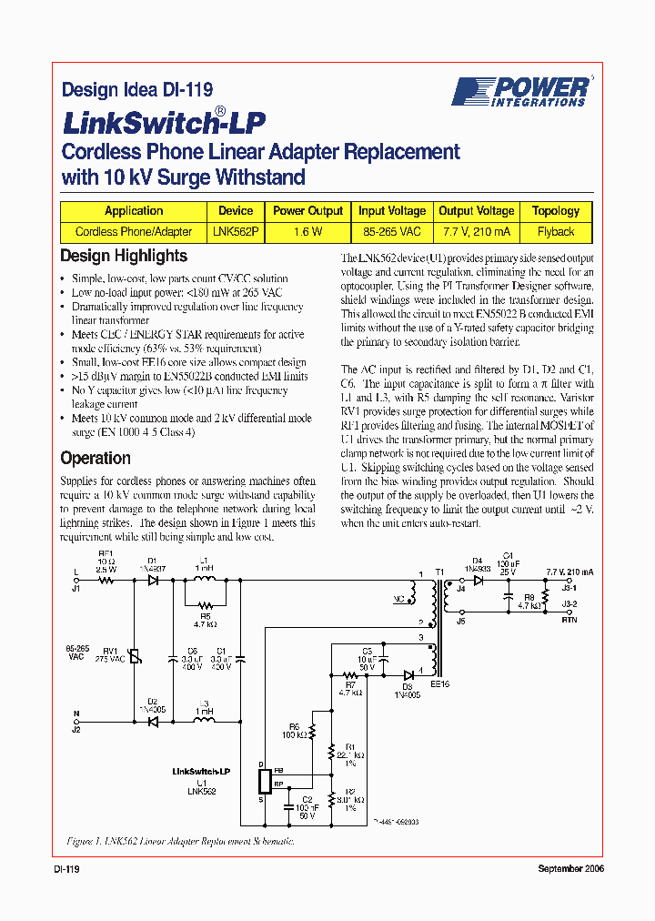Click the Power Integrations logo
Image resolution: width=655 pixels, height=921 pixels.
521,91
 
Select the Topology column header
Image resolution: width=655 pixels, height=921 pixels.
555,210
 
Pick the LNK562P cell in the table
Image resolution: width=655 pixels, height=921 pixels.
237,231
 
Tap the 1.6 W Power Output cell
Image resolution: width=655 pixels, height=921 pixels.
307,231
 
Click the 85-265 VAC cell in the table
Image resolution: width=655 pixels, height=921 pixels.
391,231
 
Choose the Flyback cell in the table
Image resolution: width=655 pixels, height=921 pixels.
555,231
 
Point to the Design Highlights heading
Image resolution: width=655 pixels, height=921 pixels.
124,256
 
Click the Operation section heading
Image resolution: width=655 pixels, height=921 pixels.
96,458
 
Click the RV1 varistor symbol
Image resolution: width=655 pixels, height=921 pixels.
136,656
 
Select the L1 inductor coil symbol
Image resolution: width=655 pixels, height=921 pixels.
204,580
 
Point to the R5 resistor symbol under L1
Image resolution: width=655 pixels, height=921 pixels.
204,604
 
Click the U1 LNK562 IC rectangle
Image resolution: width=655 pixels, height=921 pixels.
264,781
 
